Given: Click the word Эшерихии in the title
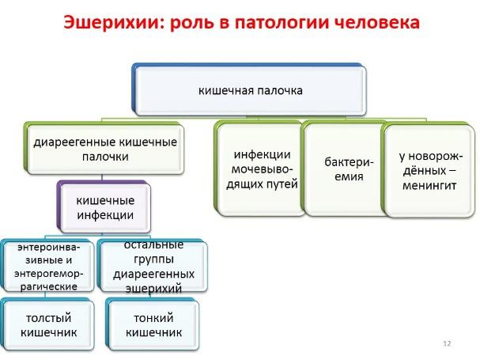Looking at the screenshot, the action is point(112,23).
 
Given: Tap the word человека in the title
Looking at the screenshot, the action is point(377,22).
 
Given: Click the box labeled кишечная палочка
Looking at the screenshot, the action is point(250,89).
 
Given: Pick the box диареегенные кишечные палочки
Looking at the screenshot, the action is point(104,148).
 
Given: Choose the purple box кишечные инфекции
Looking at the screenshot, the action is point(104,207).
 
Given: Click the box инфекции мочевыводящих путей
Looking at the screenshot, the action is point(261,169).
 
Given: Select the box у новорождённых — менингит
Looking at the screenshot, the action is point(429,170).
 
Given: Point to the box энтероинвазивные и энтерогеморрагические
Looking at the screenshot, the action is point(47,266).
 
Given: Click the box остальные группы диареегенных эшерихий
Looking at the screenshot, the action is point(153,266).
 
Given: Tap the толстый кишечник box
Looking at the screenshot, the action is point(47,324).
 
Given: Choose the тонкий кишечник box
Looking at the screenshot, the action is point(153,324).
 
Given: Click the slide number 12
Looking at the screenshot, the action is point(447,343).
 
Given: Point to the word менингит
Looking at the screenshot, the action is point(429,185).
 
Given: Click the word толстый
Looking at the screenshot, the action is point(49,318).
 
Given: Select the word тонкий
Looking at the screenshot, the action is point(153,318).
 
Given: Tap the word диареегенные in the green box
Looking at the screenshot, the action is point(74,142).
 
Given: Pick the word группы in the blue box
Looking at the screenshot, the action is point(153,260).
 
